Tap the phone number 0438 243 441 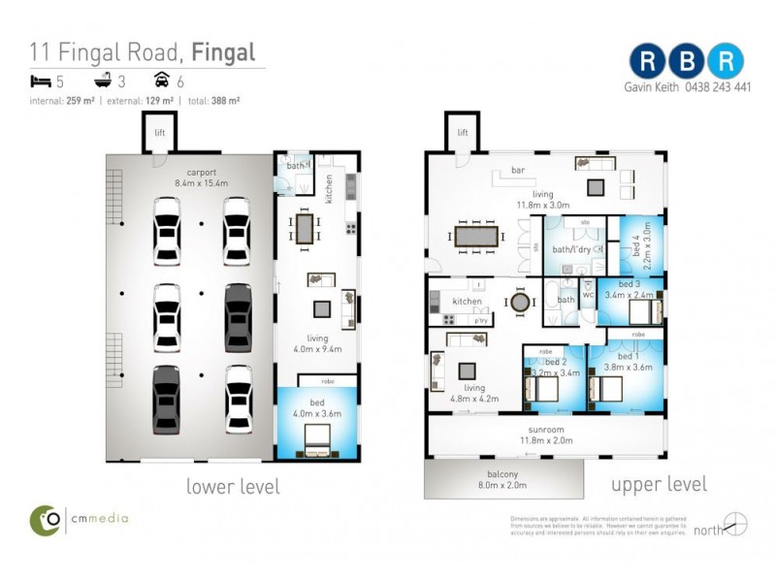[713, 86]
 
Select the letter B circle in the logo [687, 60]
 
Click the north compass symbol [735, 525]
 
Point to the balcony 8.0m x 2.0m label [503, 480]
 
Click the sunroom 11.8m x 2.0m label [544, 434]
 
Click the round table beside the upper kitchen [521, 303]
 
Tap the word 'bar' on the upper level [517, 171]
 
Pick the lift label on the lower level [157, 133]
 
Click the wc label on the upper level [588, 295]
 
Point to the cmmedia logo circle [47, 519]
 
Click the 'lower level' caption [233, 486]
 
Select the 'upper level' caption [659, 484]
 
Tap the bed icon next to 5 [39, 81]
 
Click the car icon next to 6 [161, 81]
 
